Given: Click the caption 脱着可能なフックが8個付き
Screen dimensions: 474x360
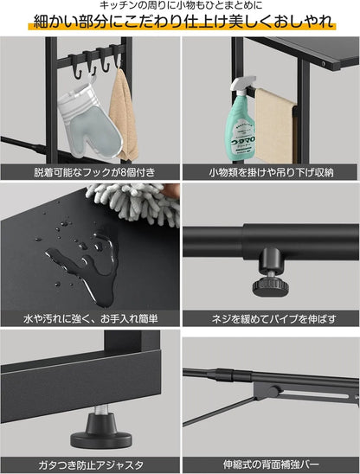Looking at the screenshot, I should [x=89, y=171].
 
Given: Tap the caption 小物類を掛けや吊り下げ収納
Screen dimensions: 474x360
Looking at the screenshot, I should [x=270, y=171].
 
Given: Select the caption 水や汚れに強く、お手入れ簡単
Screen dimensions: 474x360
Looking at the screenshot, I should [x=89, y=319].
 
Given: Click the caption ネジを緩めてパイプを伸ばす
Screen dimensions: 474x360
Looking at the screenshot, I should [x=270, y=319].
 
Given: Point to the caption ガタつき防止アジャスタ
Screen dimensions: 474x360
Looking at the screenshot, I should [x=89, y=464].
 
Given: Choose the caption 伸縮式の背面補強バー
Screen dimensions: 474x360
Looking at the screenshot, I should [x=270, y=464].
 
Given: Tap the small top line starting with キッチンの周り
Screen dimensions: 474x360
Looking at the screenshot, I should [x=180, y=7].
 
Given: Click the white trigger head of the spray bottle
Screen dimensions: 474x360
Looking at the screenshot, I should [x=245, y=86].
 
